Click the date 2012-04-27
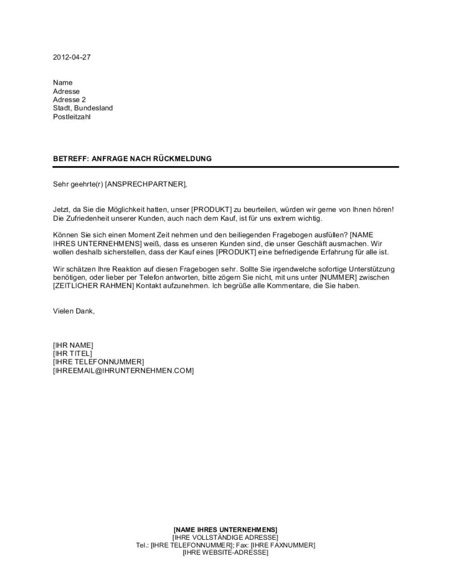point(69,57)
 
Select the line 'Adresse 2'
point(69,100)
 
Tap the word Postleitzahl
point(72,117)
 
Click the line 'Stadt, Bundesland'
point(83,108)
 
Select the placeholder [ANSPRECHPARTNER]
point(145,184)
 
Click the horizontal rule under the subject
point(225,167)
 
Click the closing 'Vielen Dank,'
point(74,311)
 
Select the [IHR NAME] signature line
point(73,345)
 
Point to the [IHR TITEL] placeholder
point(72,354)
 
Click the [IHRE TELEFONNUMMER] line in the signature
point(98,362)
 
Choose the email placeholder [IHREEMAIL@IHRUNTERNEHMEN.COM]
point(123,371)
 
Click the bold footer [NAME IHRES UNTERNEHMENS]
point(225,529)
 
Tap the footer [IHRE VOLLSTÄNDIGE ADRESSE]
point(225,537)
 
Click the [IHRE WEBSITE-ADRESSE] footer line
point(225,553)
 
